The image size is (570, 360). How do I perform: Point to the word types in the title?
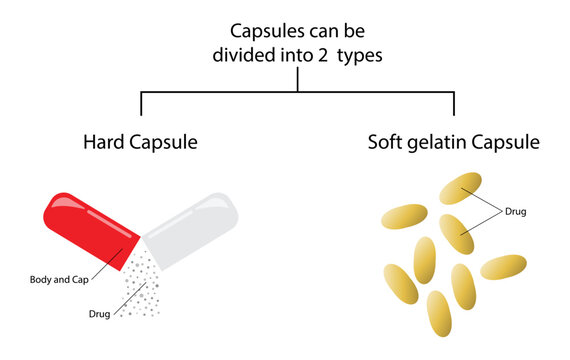362,57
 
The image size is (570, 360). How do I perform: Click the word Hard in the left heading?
102,143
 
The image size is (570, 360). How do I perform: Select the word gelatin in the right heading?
441,144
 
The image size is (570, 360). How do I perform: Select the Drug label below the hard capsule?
99,314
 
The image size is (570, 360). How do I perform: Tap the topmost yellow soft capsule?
461,188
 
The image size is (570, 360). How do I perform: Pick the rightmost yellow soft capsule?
504,267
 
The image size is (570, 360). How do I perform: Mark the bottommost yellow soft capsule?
439,313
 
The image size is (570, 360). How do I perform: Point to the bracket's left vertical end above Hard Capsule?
141,104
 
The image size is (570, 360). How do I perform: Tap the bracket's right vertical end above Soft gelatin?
454,104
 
